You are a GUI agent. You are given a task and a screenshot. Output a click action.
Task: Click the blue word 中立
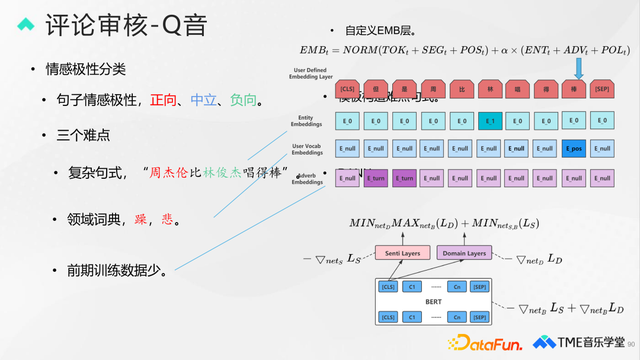[205, 100]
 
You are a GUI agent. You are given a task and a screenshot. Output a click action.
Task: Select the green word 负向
[245, 100]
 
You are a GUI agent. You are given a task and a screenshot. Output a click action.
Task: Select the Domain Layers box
[464, 254]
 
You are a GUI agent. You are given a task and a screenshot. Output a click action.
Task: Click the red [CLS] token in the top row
[346, 89]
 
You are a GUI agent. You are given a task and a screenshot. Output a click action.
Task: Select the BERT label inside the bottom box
[431, 301]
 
